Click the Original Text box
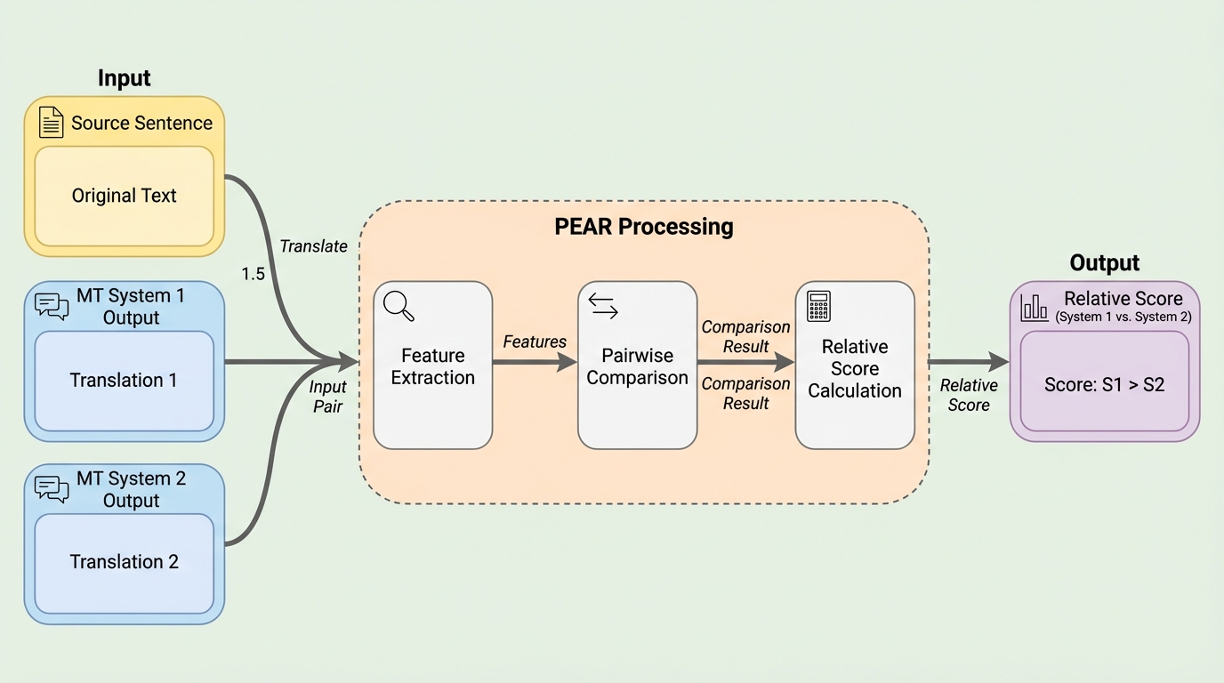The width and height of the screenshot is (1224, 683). click(x=124, y=196)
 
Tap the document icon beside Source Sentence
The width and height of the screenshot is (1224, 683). click(x=52, y=123)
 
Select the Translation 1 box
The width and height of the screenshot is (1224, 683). click(x=124, y=381)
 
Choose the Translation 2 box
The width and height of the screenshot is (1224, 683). click(x=124, y=562)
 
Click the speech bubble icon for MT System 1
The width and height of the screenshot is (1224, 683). click(x=52, y=306)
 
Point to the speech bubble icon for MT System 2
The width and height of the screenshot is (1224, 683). click(x=52, y=488)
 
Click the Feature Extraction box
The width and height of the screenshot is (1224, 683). click(x=432, y=366)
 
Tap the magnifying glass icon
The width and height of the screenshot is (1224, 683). click(x=399, y=305)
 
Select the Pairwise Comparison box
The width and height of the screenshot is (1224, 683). click(x=637, y=366)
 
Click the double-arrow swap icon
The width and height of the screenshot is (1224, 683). click(x=603, y=306)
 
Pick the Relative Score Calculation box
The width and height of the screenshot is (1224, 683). click(x=854, y=366)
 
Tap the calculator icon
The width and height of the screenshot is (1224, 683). click(x=818, y=305)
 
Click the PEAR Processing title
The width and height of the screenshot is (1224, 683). click(x=643, y=227)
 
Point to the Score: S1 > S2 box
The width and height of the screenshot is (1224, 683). click(x=1104, y=385)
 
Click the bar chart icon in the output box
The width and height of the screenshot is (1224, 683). click(x=1035, y=308)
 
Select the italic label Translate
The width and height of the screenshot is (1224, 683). click(x=313, y=246)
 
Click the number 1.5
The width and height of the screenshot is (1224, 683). click(x=254, y=274)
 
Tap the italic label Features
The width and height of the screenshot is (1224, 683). click(x=535, y=341)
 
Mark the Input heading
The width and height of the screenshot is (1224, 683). click(x=125, y=78)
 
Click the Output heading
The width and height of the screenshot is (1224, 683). click(x=1104, y=263)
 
